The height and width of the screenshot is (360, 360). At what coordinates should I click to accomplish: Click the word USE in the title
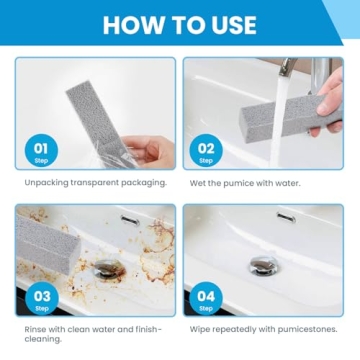(x=229, y=25)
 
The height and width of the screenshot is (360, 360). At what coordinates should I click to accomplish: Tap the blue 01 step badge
(x=41, y=151)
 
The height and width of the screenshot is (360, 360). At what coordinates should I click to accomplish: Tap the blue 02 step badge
(x=206, y=151)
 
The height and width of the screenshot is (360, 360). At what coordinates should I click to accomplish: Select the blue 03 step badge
(x=41, y=298)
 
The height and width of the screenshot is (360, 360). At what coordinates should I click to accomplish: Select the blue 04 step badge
(x=206, y=298)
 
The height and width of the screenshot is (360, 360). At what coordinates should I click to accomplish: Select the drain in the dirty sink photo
(x=107, y=268)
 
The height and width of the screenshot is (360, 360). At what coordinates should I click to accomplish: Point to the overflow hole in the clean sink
(x=286, y=218)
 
